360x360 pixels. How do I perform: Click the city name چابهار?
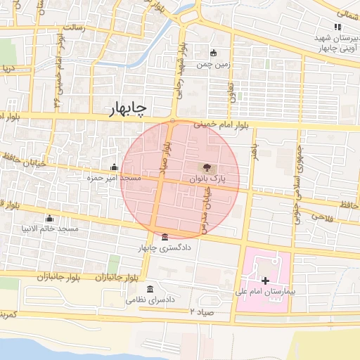tap(128, 108)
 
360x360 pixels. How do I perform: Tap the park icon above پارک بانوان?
tap(207, 167)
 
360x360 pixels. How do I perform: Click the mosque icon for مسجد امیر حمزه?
tap(114, 167)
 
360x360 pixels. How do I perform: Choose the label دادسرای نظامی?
tap(150, 300)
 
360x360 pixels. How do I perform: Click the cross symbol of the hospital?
tap(264, 281)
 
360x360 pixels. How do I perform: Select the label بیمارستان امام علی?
tap(266, 290)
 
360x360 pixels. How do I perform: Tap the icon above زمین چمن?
tap(214, 53)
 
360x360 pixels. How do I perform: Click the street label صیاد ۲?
tap(200, 310)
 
